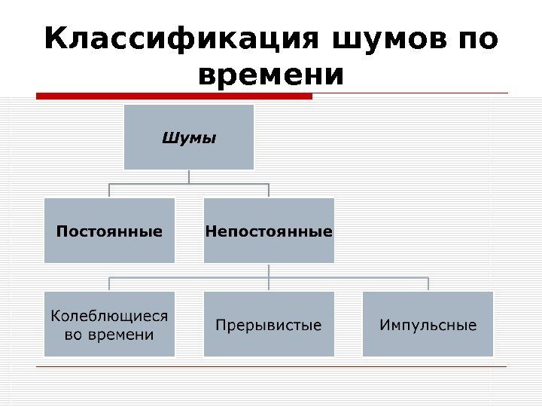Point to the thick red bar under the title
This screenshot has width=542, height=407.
point(175,96)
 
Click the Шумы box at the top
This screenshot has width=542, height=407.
point(189,137)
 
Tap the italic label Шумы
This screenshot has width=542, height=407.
point(189,138)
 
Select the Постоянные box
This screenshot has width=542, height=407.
point(109,231)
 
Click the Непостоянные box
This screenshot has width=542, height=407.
point(269,231)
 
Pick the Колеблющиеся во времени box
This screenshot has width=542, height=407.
point(109,324)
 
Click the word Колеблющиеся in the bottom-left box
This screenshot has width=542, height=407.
point(109,315)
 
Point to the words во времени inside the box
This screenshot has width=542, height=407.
point(109,334)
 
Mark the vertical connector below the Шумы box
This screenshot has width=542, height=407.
point(189,176)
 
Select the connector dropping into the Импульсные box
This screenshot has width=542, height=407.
point(428,284)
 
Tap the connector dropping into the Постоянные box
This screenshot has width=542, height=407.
point(109,191)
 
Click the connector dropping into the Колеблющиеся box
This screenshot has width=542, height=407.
point(109,284)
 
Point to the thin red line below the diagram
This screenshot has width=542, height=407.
point(271,367)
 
